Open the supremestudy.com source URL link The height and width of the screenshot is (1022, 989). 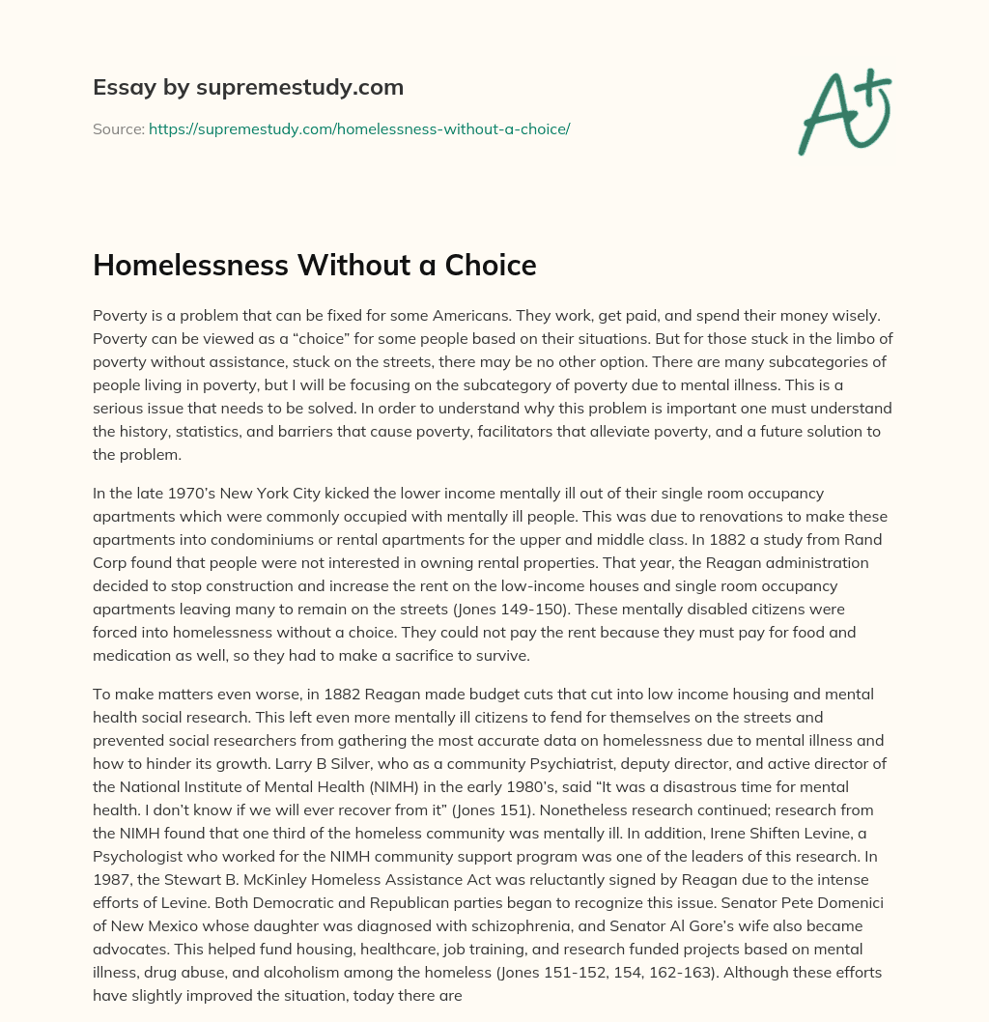[x=359, y=128]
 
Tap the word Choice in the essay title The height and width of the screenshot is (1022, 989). [x=491, y=266]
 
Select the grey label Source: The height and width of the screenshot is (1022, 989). [x=118, y=128]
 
